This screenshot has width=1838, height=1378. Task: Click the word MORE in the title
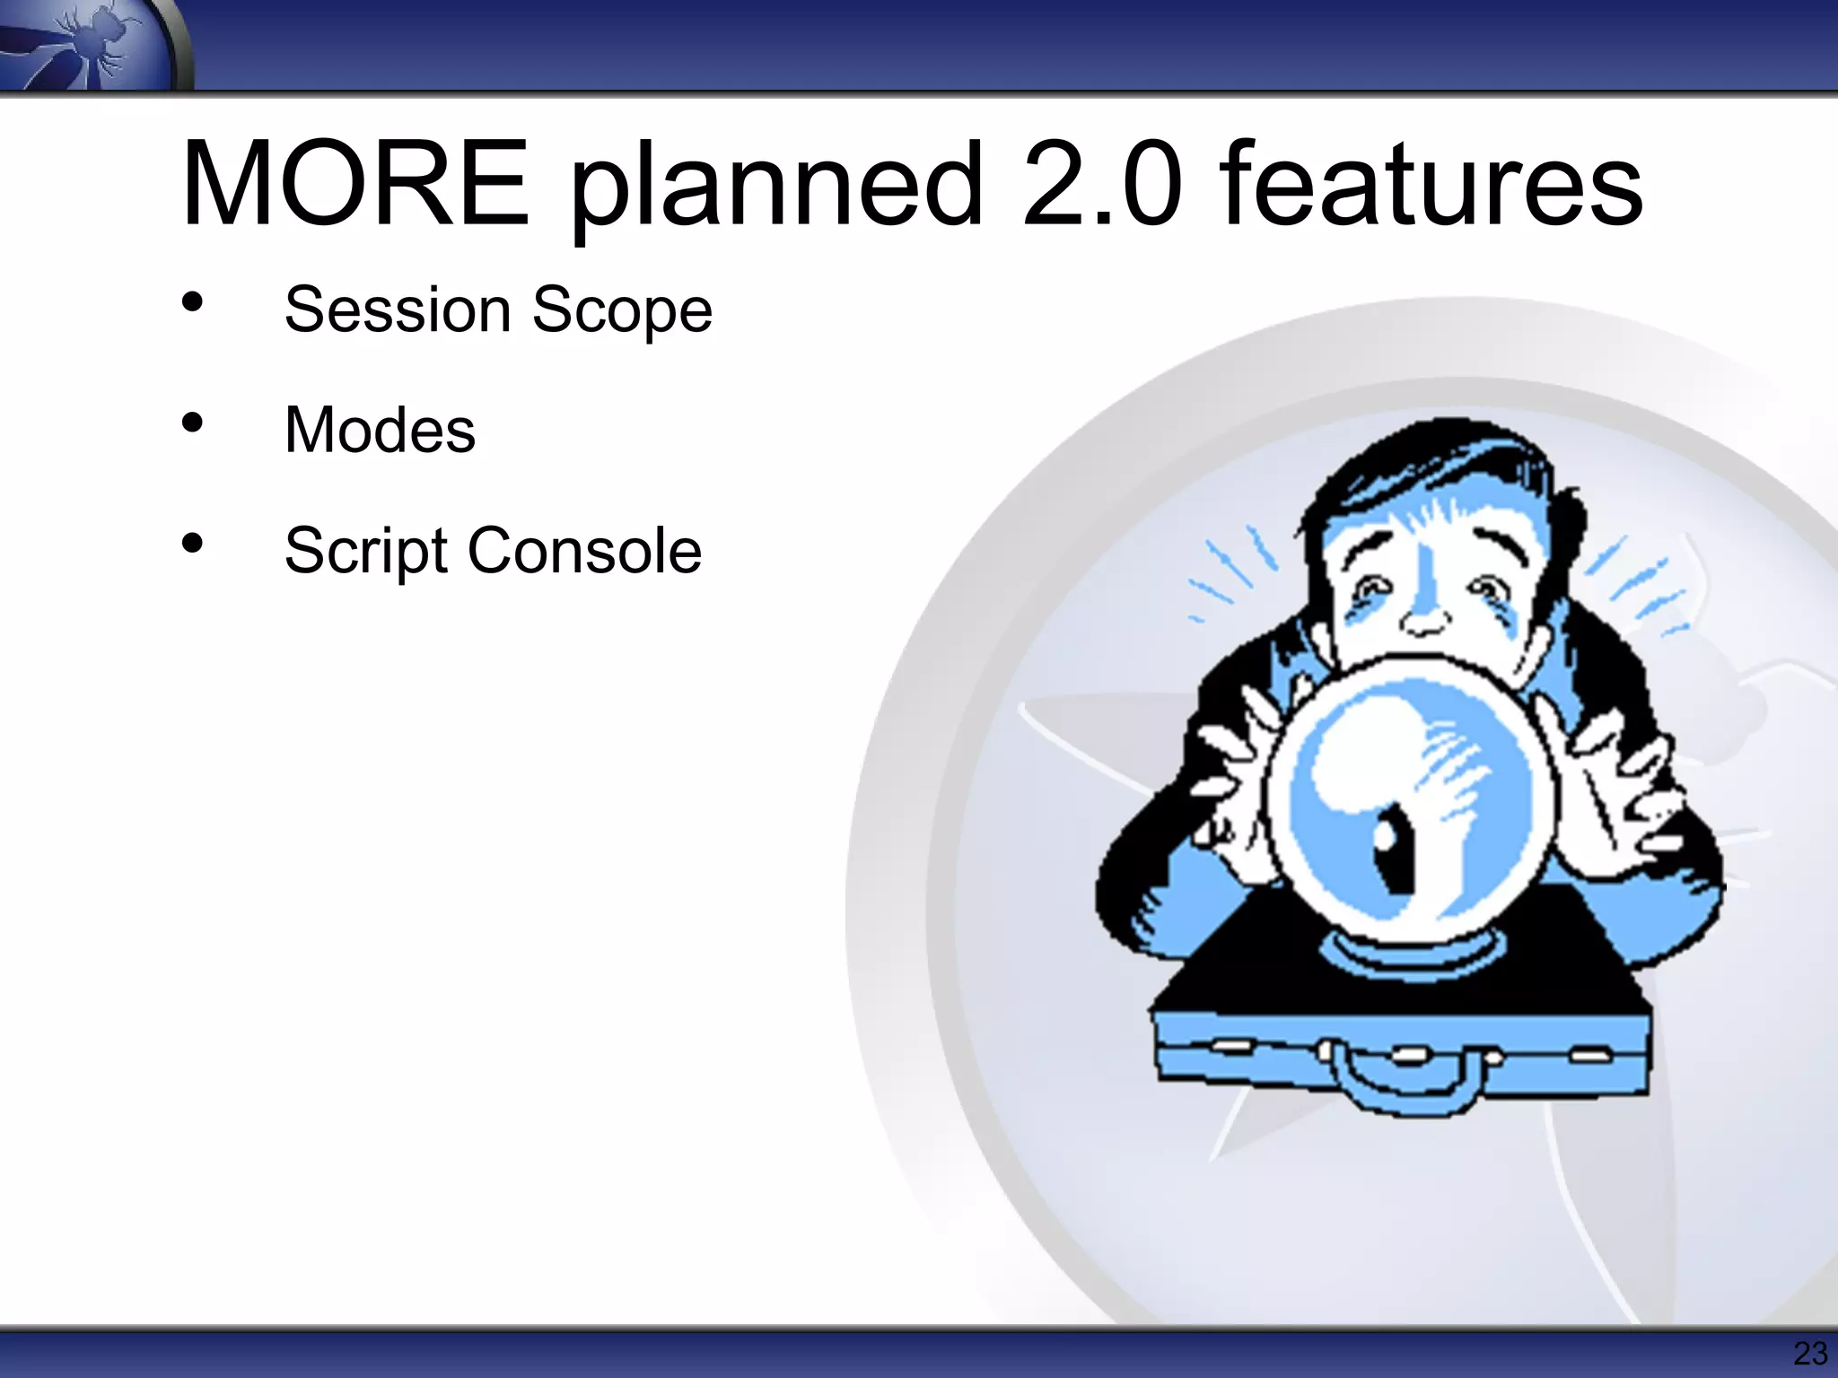tap(354, 183)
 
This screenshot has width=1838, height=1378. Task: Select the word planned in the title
tap(777, 188)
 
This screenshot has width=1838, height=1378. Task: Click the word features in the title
tap(1431, 183)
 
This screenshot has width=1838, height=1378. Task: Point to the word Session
tap(397, 310)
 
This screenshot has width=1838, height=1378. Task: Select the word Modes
tap(380, 430)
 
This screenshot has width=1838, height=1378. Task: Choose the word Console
tap(584, 550)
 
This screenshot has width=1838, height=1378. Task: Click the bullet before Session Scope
tap(192, 303)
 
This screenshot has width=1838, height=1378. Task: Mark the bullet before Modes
tap(192, 423)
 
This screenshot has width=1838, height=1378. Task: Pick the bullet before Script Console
tap(192, 543)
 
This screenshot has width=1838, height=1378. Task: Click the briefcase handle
tap(1401, 1090)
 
